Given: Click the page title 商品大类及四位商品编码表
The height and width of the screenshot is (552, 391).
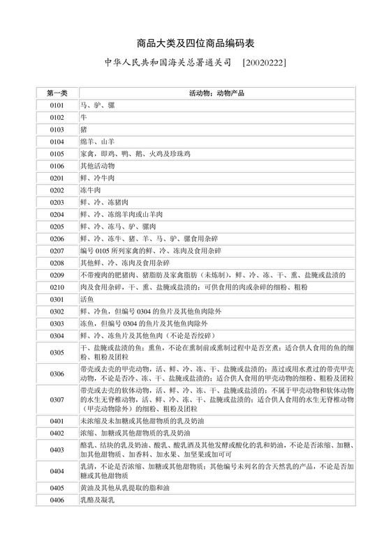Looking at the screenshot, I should (195, 42).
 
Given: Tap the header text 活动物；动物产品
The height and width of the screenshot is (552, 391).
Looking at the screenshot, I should (216, 93).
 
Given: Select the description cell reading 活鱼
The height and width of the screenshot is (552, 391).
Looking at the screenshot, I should (87, 299).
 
